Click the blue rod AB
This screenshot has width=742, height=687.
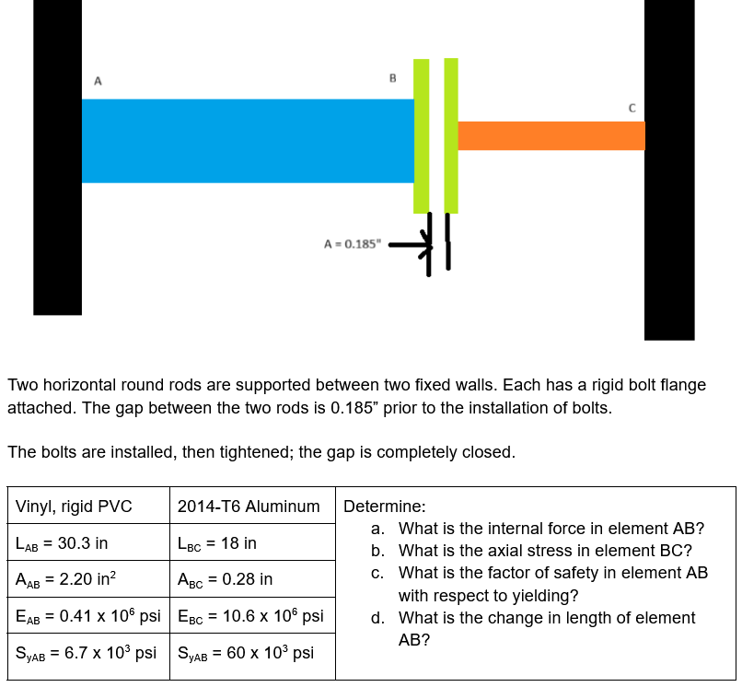pos(248,141)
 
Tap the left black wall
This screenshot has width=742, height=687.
pos(57,157)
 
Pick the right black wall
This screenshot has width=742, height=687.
pos(669,170)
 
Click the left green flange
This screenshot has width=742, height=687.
pos(422,135)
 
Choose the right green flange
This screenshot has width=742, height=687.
pos(451,135)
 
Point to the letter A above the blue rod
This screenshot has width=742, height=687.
pos(98,80)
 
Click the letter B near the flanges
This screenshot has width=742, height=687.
pos(392,78)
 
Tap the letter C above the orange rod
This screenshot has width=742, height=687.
pos(632,108)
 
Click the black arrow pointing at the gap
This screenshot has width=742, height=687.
pos(411,246)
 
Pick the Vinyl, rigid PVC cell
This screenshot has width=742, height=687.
pos(74,507)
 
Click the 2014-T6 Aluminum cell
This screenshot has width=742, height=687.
pos(249,507)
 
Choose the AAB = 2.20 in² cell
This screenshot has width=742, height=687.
pos(70,580)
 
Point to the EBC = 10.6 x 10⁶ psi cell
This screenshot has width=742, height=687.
pos(250,616)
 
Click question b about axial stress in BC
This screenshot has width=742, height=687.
pos(544,551)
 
